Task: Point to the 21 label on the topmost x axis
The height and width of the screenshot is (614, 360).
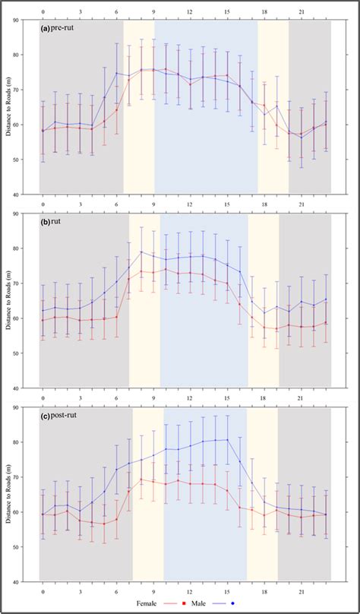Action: [302, 11]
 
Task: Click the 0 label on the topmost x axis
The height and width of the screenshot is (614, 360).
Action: [43, 11]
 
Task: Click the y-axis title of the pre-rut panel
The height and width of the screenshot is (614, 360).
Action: [10, 106]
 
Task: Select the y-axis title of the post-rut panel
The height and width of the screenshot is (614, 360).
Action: [10, 495]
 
